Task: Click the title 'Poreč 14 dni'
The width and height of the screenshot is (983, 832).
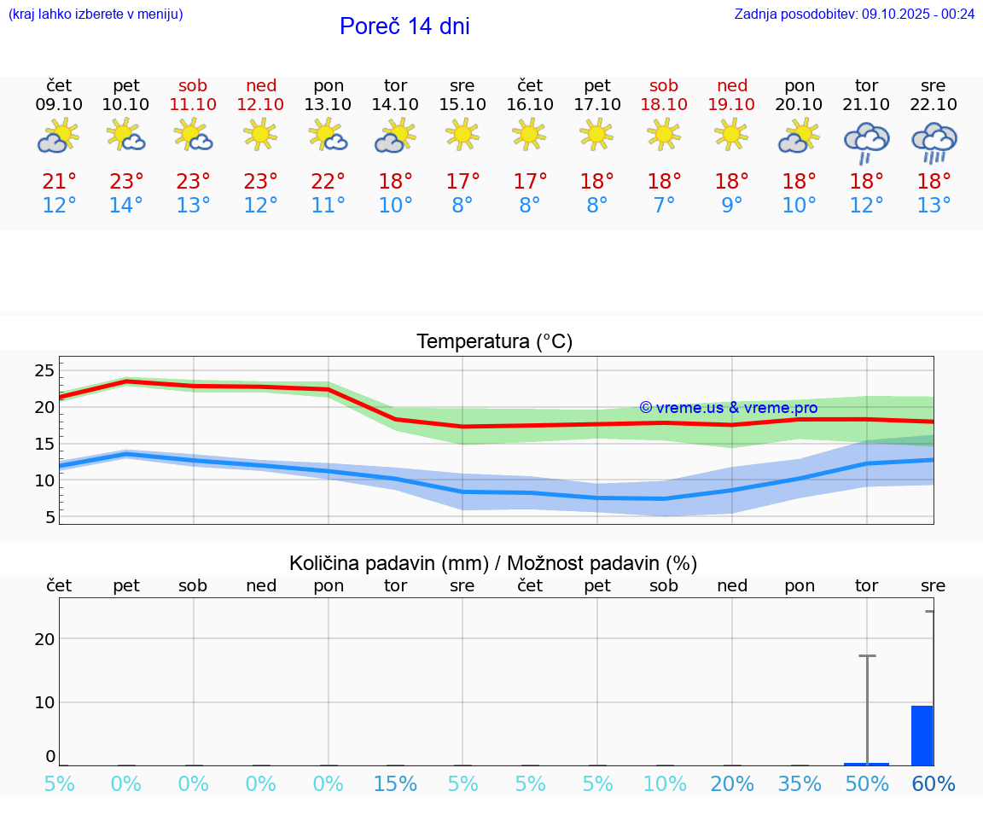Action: click(x=404, y=26)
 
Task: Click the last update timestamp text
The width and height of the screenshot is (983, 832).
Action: click(x=854, y=14)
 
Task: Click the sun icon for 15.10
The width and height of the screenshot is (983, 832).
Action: click(x=462, y=133)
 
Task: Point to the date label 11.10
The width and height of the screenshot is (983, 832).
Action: click(x=193, y=104)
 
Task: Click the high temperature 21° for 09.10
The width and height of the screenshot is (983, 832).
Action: click(x=59, y=181)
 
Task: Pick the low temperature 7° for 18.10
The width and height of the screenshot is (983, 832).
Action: click(x=664, y=205)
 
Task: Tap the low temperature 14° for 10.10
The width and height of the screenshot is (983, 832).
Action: click(x=126, y=205)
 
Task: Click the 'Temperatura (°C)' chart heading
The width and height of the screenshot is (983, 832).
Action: click(x=494, y=341)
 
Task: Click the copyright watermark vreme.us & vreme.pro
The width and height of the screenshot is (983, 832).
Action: click(x=728, y=408)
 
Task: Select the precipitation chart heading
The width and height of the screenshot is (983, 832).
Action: click(x=493, y=563)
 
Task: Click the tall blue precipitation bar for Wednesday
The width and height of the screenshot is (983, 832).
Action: click(x=922, y=736)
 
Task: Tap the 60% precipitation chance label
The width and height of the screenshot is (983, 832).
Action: click(x=934, y=784)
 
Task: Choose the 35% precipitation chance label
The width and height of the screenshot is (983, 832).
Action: click(x=800, y=784)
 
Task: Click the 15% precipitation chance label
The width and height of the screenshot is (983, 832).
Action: click(x=395, y=784)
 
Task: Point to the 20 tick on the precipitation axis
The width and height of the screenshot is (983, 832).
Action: click(x=44, y=639)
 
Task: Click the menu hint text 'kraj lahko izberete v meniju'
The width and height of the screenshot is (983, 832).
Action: click(x=96, y=14)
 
